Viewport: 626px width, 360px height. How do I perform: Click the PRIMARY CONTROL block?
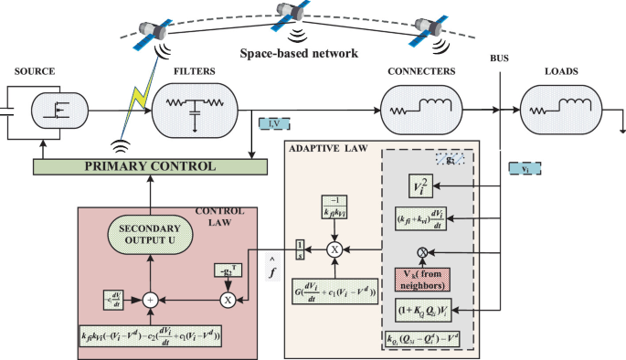(x=150, y=167)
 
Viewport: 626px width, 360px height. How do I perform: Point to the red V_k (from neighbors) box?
(x=423, y=280)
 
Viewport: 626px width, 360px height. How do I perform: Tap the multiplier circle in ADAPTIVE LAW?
(x=334, y=248)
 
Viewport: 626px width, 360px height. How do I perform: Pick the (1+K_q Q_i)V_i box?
(x=423, y=311)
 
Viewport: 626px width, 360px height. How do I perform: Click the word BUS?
(x=499, y=58)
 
